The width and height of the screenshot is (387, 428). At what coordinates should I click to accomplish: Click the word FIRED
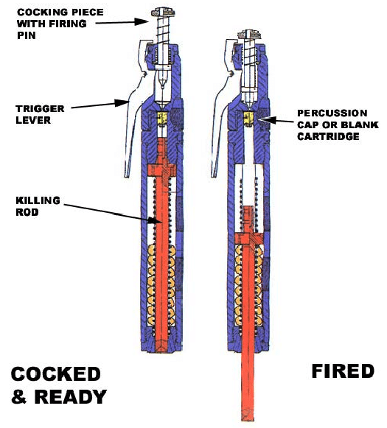343,371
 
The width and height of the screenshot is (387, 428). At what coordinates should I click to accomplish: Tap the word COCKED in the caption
56,374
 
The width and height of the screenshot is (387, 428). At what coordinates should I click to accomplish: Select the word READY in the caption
71,396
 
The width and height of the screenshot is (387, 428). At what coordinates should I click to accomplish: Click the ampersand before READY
19,396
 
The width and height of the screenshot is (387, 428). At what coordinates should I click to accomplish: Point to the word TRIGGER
40,108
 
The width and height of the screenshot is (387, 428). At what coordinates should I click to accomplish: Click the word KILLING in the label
38,200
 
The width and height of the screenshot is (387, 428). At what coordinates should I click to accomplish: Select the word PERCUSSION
332,113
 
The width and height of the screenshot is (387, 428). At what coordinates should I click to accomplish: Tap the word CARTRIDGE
328,136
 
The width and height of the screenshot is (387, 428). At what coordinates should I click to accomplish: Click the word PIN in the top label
27,35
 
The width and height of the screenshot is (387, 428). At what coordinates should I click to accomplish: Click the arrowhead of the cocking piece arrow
142,21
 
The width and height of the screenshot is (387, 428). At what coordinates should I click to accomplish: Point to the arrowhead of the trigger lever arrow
122,103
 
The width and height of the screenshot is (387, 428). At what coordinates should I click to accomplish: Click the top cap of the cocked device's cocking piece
163,13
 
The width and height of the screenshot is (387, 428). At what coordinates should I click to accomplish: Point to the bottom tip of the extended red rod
248,420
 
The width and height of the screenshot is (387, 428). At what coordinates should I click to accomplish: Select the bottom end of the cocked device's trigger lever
128,175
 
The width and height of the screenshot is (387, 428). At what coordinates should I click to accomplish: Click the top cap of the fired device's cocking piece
250,34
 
